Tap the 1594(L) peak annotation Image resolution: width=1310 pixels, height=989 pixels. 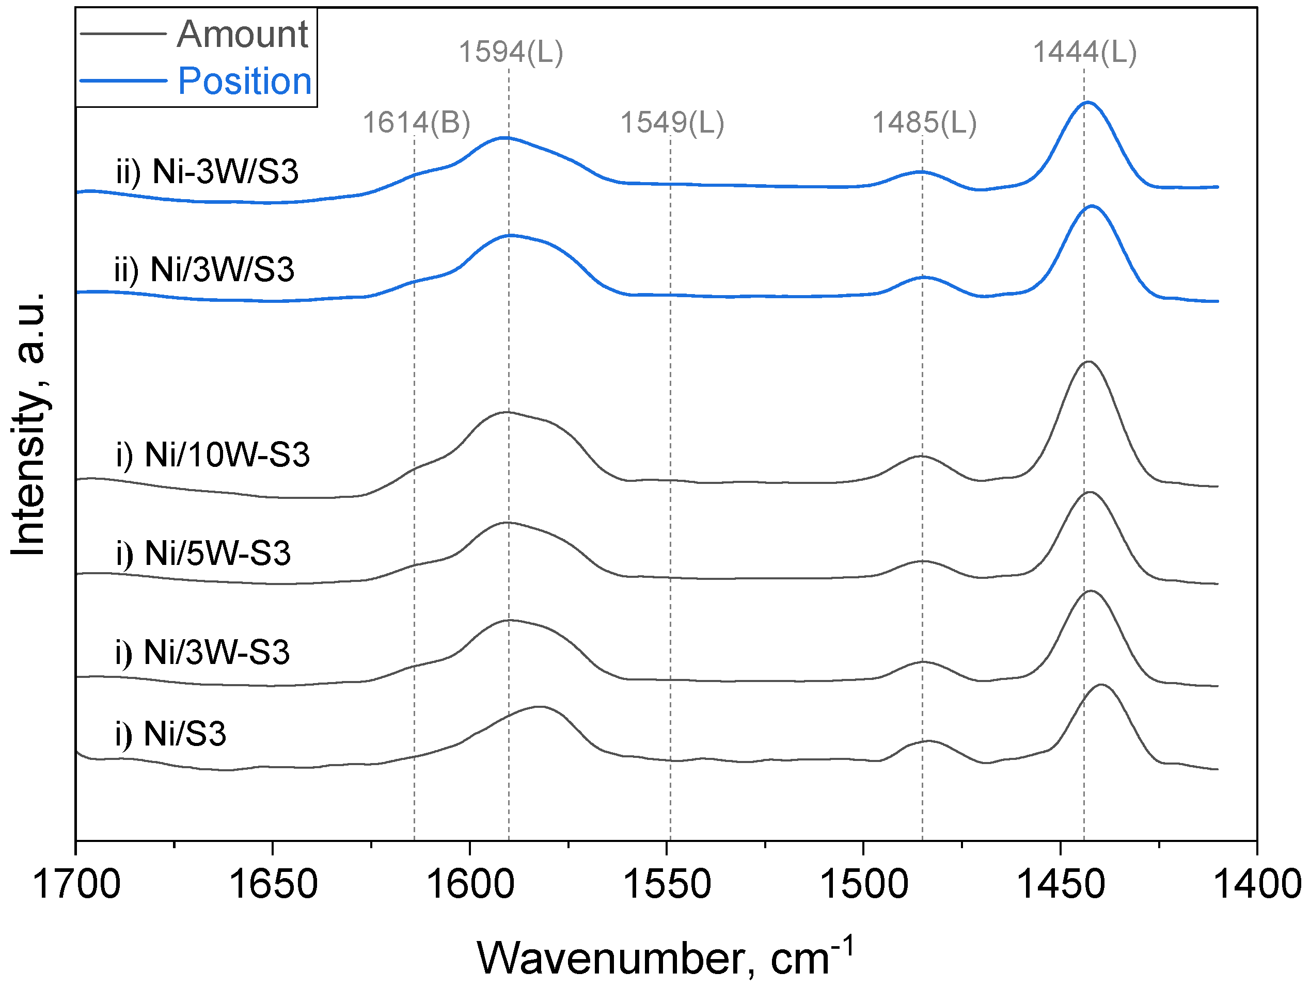click(x=511, y=52)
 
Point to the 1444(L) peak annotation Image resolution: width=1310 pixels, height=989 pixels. click(x=1085, y=52)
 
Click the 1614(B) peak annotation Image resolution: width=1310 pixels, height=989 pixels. click(x=416, y=123)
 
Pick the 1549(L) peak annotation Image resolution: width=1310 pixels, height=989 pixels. click(x=672, y=123)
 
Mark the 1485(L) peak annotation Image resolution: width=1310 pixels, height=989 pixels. click(x=924, y=123)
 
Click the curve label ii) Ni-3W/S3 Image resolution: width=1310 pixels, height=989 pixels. click(x=207, y=172)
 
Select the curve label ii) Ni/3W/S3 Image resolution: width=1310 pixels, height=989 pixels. click(x=204, y=270)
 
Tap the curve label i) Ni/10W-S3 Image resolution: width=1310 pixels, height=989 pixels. click(x=213, y=455)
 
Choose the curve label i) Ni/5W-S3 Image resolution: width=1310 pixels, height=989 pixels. click(x=203, y=554)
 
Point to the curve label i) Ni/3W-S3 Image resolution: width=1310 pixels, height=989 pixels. click(x=202, y=653)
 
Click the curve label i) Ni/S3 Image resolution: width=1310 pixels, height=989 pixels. click(x=170, y=735)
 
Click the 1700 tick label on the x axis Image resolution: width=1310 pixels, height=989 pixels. click(x=76, y=884)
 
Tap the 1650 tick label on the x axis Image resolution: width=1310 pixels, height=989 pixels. click(x=273, y=884)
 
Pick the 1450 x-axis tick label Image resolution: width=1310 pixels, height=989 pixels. click(x=1061, y=884)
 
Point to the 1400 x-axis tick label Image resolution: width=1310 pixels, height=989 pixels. click(x=1257, y=884)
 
